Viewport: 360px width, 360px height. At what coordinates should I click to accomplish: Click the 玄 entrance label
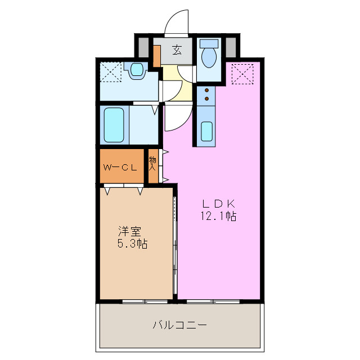point(177,50)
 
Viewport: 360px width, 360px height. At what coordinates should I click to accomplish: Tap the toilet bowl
point(209,57)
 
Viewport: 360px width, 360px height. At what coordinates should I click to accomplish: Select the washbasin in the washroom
point(137,70)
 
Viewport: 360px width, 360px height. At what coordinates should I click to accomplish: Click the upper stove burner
point(206,90)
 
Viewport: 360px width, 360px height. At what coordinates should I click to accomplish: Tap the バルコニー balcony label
point(179,325)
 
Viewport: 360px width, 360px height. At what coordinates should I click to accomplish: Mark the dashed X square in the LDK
point(242,73)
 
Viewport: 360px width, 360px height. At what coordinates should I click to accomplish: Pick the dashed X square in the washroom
point(110,71)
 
